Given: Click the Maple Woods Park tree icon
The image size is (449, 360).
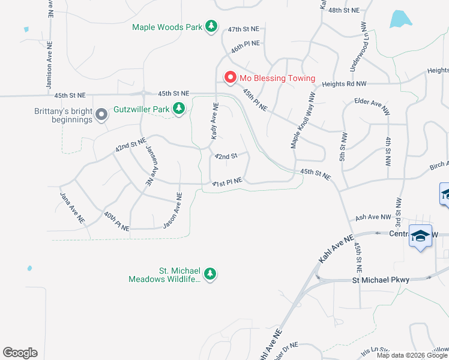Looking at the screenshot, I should click(x=211, y=26).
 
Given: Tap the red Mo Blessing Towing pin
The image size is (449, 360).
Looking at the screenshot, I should click(x=229, y=78).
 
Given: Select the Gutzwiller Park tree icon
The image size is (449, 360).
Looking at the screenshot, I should click(x=178, y=109).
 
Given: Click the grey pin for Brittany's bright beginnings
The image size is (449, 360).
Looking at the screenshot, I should click(x=101, y=113).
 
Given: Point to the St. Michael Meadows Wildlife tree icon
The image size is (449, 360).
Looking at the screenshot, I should click(x=209, y=274).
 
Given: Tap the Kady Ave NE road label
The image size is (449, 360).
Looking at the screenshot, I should click(x=214, y=121).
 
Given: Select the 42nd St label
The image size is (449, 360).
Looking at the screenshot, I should click(x=226, y=157).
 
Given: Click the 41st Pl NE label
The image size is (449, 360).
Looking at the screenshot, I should click(x=227, y=181).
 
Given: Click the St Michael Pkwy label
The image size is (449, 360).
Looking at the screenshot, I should click(x=381, y=280).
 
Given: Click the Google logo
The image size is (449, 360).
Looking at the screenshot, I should click(x=20, y=353).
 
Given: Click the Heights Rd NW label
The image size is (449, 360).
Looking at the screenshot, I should click(x=344, y=85).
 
